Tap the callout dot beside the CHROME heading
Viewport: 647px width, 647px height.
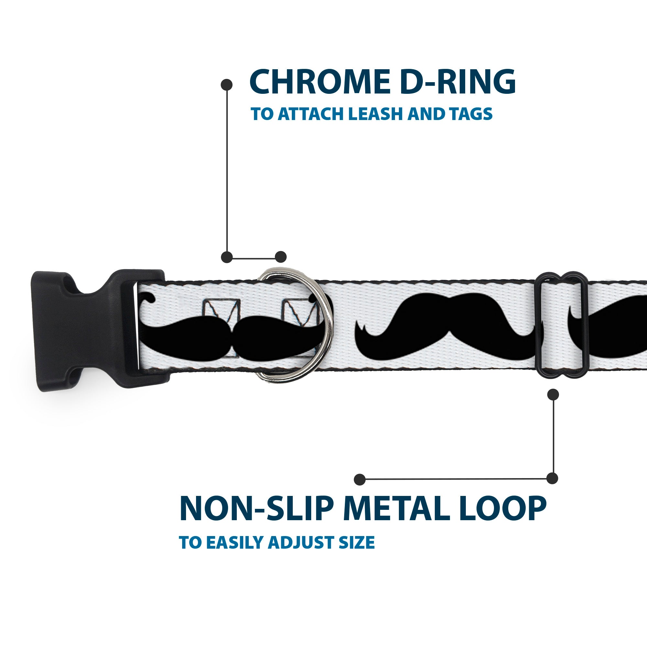click(227, 85)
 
